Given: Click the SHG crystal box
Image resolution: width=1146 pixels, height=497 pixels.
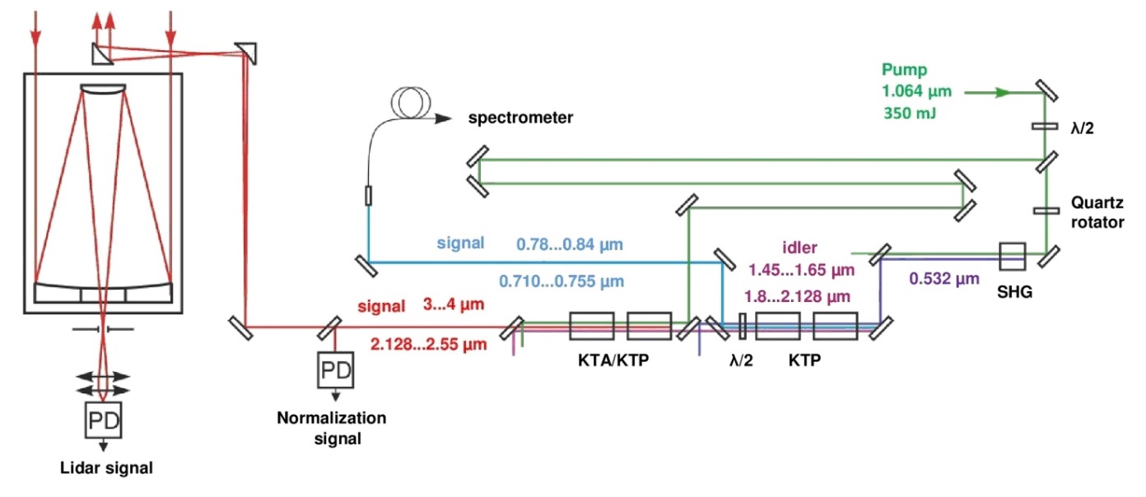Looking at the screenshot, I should (x=1011, y=255).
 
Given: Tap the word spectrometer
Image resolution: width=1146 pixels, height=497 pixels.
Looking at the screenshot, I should (x=520, y=118).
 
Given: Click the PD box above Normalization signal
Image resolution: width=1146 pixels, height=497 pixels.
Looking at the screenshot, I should (x=336, y=371).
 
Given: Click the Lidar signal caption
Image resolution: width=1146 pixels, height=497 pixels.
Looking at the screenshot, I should (x=107, y=469).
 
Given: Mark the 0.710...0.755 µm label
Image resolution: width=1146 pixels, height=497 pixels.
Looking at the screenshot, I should (x=561, y=281).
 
